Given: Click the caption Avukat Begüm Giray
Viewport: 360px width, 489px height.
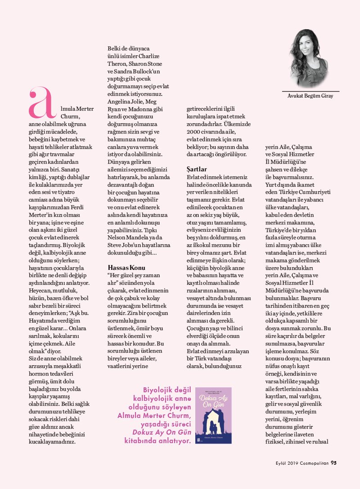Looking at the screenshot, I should coord(310,96).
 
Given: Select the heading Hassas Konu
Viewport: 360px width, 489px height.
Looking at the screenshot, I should coord(124,267).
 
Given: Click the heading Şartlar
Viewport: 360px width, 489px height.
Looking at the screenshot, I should coord(197,169).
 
